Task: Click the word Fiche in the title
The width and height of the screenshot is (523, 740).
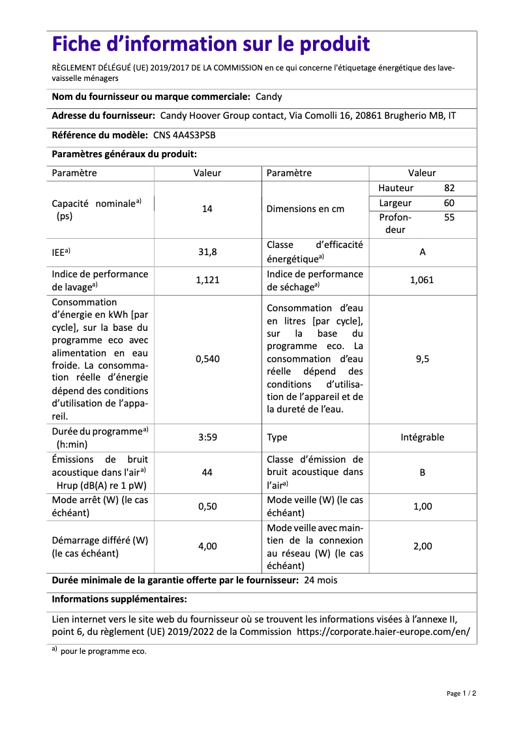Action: click(81, 44)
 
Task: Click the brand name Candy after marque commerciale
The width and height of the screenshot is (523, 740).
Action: click(269, 97)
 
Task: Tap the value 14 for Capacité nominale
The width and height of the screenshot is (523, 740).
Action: click(207, 209)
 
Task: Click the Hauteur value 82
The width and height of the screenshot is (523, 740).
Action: click(449, 188)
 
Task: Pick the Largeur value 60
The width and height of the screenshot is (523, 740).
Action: click(449, 203)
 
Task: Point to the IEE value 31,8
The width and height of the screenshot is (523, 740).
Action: click(207, 251)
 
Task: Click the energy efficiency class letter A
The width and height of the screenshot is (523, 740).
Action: click(422, 251)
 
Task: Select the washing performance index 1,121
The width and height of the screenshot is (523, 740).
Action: click(207, 280)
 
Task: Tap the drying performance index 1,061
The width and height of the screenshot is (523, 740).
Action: click(422, 280)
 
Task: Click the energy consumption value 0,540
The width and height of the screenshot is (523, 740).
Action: click(207, 359)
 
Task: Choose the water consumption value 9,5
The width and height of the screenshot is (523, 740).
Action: click(422, 359)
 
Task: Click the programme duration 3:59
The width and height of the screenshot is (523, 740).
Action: click(207, 437)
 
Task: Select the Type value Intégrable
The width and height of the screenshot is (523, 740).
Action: click(422, 437)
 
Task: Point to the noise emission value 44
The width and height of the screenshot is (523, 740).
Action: click(207, 472)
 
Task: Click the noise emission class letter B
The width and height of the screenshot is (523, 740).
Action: click(422, 472)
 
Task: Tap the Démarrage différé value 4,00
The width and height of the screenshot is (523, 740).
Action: click(207, 546)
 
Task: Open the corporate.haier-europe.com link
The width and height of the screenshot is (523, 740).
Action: click(383, 632)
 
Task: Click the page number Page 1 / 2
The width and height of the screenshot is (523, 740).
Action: click(461, 693)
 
